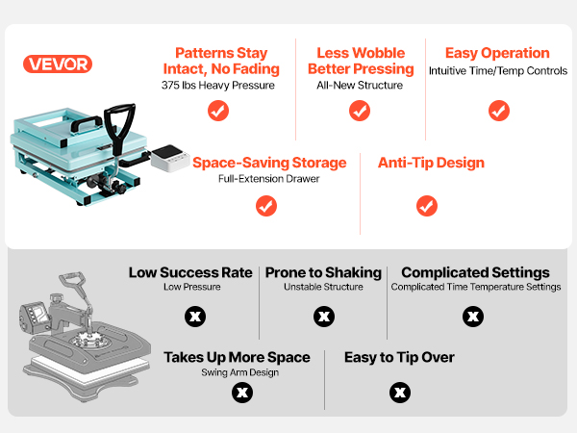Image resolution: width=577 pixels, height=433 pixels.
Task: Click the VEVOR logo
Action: (x=58, y=64)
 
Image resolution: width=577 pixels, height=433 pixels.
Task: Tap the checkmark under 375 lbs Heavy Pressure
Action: (x=218, y=111)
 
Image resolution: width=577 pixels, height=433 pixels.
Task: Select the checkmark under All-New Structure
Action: (x=360, y=111)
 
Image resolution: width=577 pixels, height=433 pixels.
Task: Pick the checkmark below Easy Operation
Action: (x=499, y=111)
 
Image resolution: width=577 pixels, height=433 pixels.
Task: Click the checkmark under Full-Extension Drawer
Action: (x=266, y=206)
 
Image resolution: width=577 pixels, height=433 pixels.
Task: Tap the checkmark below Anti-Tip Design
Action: (x=427, y=206)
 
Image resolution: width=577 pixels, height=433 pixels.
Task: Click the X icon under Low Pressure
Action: (x=195, y=317)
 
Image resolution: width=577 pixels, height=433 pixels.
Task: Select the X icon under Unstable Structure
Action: (x=324, y=317)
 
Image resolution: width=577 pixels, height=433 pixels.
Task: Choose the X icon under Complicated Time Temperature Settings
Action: (x=473, y=317)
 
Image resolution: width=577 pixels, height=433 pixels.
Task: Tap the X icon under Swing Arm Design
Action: (x=242, y=393)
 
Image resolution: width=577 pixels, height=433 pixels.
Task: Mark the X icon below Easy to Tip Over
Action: (x=400, y=393)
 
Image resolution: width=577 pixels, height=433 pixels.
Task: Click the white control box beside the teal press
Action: (x=170, y=158)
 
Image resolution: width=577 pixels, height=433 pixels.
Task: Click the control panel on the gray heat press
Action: (x=34, y=316)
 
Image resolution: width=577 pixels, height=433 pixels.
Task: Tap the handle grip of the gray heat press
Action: (x=73, y=278)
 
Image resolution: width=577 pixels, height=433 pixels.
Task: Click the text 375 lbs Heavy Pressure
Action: (x=218, y=85)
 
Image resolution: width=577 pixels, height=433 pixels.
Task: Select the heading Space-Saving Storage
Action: (x=269, y=163)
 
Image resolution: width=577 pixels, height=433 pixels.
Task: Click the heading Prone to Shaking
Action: (x=323, y=272)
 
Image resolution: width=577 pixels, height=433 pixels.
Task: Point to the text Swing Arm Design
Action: (x=239, y=372)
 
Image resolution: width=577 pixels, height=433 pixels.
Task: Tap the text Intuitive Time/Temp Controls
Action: (x=498, y=70)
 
